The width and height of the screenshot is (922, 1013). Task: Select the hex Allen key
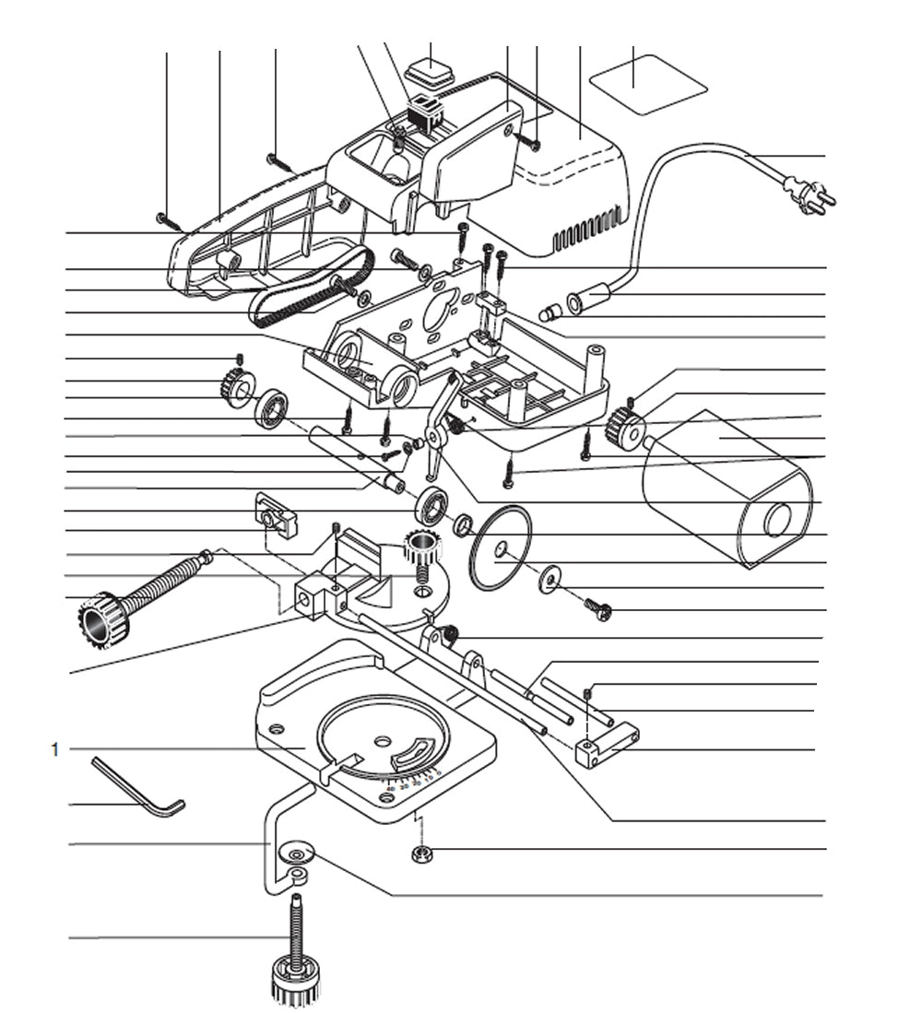pyautogui.click(x=138, y=786)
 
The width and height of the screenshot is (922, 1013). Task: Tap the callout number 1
pyautogui.click(x=54, y=749)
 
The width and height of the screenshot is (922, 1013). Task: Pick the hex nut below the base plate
pyautogui.click(x=421, y=854)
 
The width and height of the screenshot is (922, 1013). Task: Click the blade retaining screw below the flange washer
pyautogui.click(x=597, y=607)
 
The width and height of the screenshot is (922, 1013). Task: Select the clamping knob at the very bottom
pyautogui.click(x=294, y=979)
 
